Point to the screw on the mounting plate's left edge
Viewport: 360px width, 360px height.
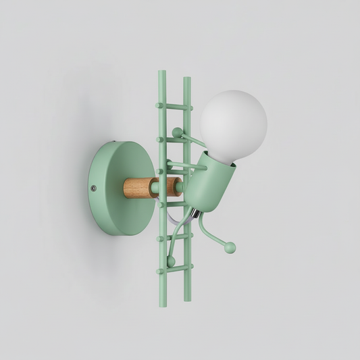[x=93, y=188]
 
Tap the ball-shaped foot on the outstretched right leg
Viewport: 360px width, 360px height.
[x=231, y=249]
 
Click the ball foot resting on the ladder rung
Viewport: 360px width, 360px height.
[x=171, y=261]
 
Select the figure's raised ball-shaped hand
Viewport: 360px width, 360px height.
[x=177, y=132]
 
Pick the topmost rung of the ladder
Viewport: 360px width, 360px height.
[x=174, y=106]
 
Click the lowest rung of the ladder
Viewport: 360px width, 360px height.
[x=174, y=269]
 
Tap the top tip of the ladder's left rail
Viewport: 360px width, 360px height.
[x=162, y=73]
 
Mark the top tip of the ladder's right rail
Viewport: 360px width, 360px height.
[x=186, y=79]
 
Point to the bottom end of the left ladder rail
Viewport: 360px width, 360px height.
[x=162, y=304]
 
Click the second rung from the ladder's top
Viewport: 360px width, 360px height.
[x=174, y=139]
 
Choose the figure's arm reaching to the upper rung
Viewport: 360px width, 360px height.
[x=192, y=140]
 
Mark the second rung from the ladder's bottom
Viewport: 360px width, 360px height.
[x=174, y=238]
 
